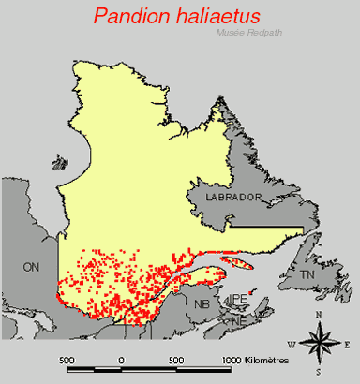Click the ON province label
click(x=32, y=267)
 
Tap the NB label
click(x=202, y=304)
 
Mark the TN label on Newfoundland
click(x=307, y=274)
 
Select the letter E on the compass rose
click(x=346, y=343)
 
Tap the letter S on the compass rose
click(x=320, y=373)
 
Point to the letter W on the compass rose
click(x=292, y=344)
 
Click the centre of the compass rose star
click(x=320, y=343)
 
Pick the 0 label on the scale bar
click(x=120, y=360)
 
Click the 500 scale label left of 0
click(x=67, y=360)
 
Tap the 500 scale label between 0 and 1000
click(x=174, y=360)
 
